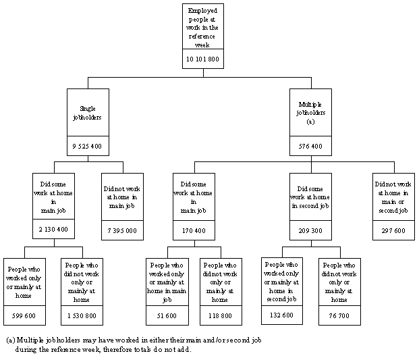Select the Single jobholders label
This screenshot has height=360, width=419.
pyautogui.click(x=88, y=113)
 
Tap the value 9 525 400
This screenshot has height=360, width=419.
pyautogui.click(x=88, y=146)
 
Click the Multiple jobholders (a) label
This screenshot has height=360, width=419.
pyautogui.click(x=310, y=113)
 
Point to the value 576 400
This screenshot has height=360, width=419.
pyautogui.click(x=310, y=146)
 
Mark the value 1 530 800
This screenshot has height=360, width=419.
pyautogui.click(x=81, y=315)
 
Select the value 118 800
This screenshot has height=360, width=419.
pyautogui.click(x=223, y=315)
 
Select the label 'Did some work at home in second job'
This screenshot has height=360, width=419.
pyautogui.click(x=310, y=197)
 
